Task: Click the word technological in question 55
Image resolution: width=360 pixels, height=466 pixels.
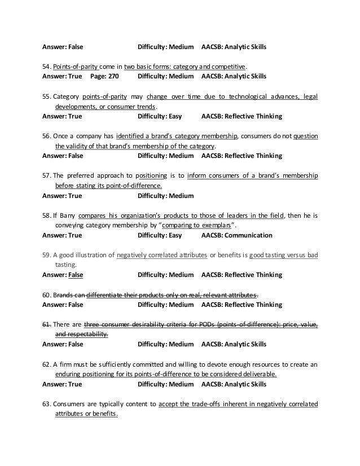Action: (x=230, y=97)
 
